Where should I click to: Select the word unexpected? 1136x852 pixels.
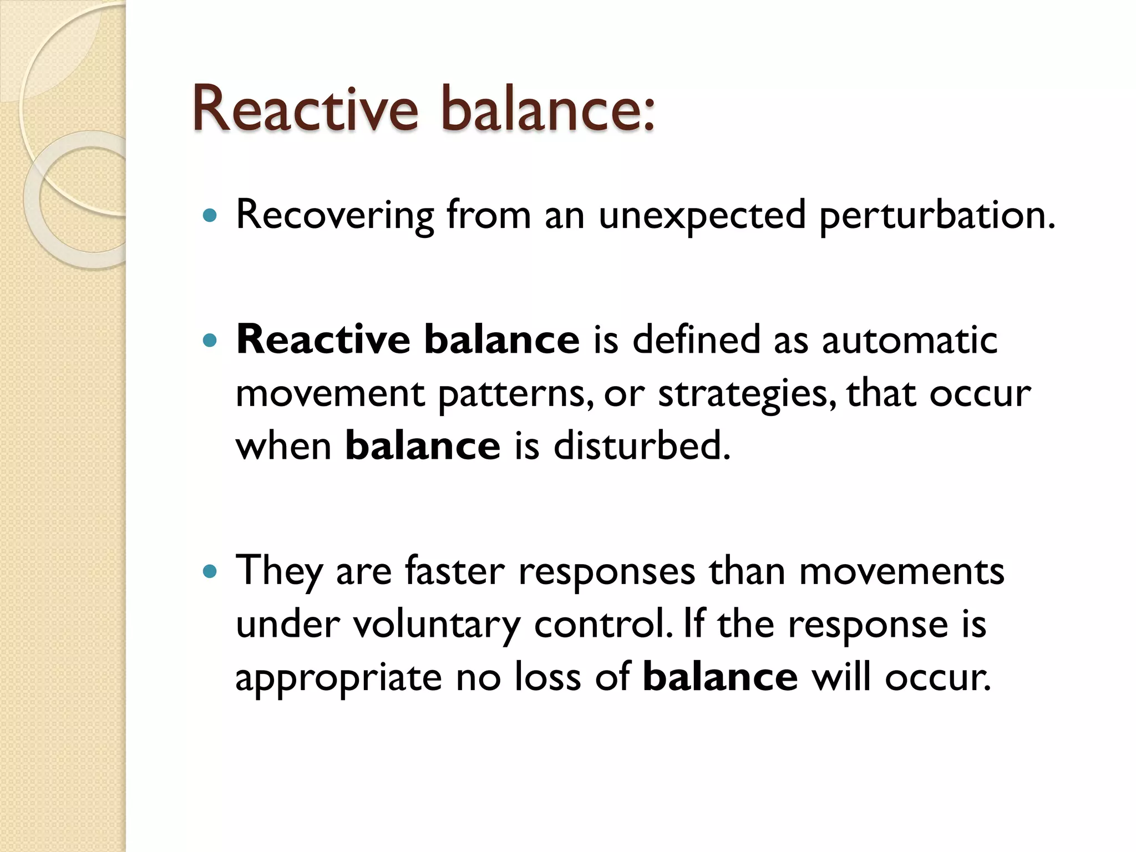[702, 215]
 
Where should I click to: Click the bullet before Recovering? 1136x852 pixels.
[210, 215]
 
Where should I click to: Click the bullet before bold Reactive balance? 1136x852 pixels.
[210, 340]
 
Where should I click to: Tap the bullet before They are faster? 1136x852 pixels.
[210, 571]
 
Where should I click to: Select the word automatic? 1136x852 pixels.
[910, 340]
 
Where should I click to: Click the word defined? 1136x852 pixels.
[696, 340]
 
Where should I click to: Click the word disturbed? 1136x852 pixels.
[642, 447]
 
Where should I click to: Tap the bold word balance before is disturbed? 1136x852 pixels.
[423, 447]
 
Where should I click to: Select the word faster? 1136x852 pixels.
[455, 571]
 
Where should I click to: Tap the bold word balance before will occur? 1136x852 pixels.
[720, 678]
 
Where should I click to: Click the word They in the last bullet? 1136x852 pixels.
[279, 571]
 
